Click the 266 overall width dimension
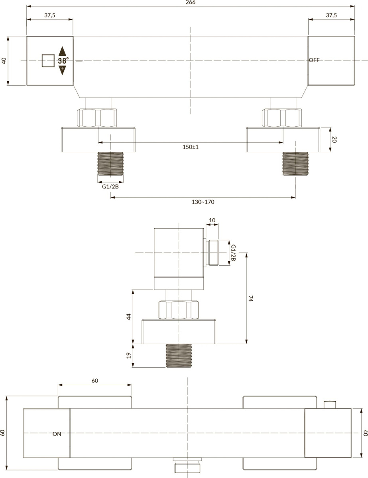191,2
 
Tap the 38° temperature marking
63,61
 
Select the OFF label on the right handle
314,60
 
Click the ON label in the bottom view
57,434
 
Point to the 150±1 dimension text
191,147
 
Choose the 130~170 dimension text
203,202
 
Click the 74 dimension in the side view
251,298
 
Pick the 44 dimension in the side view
129,317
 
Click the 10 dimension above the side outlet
212,220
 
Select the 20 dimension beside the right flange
334,139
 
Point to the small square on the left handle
48,61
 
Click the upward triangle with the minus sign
62,51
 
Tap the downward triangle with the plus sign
62,70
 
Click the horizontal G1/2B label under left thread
110,186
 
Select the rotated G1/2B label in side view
233,253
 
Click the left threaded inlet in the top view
110,164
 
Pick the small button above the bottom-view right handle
330,405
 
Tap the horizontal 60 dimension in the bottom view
95,381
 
